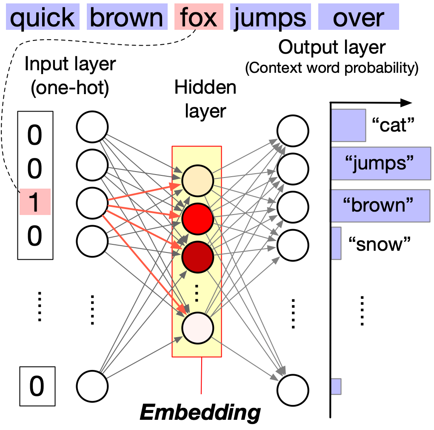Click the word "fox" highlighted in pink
point(199,18)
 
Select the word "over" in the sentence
point(358,18)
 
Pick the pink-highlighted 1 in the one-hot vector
point(34,202)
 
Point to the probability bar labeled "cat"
point(348,125)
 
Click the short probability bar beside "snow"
point(336,243)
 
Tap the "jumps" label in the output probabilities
point(380,164)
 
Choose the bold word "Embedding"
point(200,412)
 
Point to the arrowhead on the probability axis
point(407,103)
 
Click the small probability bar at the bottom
point(336,386)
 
